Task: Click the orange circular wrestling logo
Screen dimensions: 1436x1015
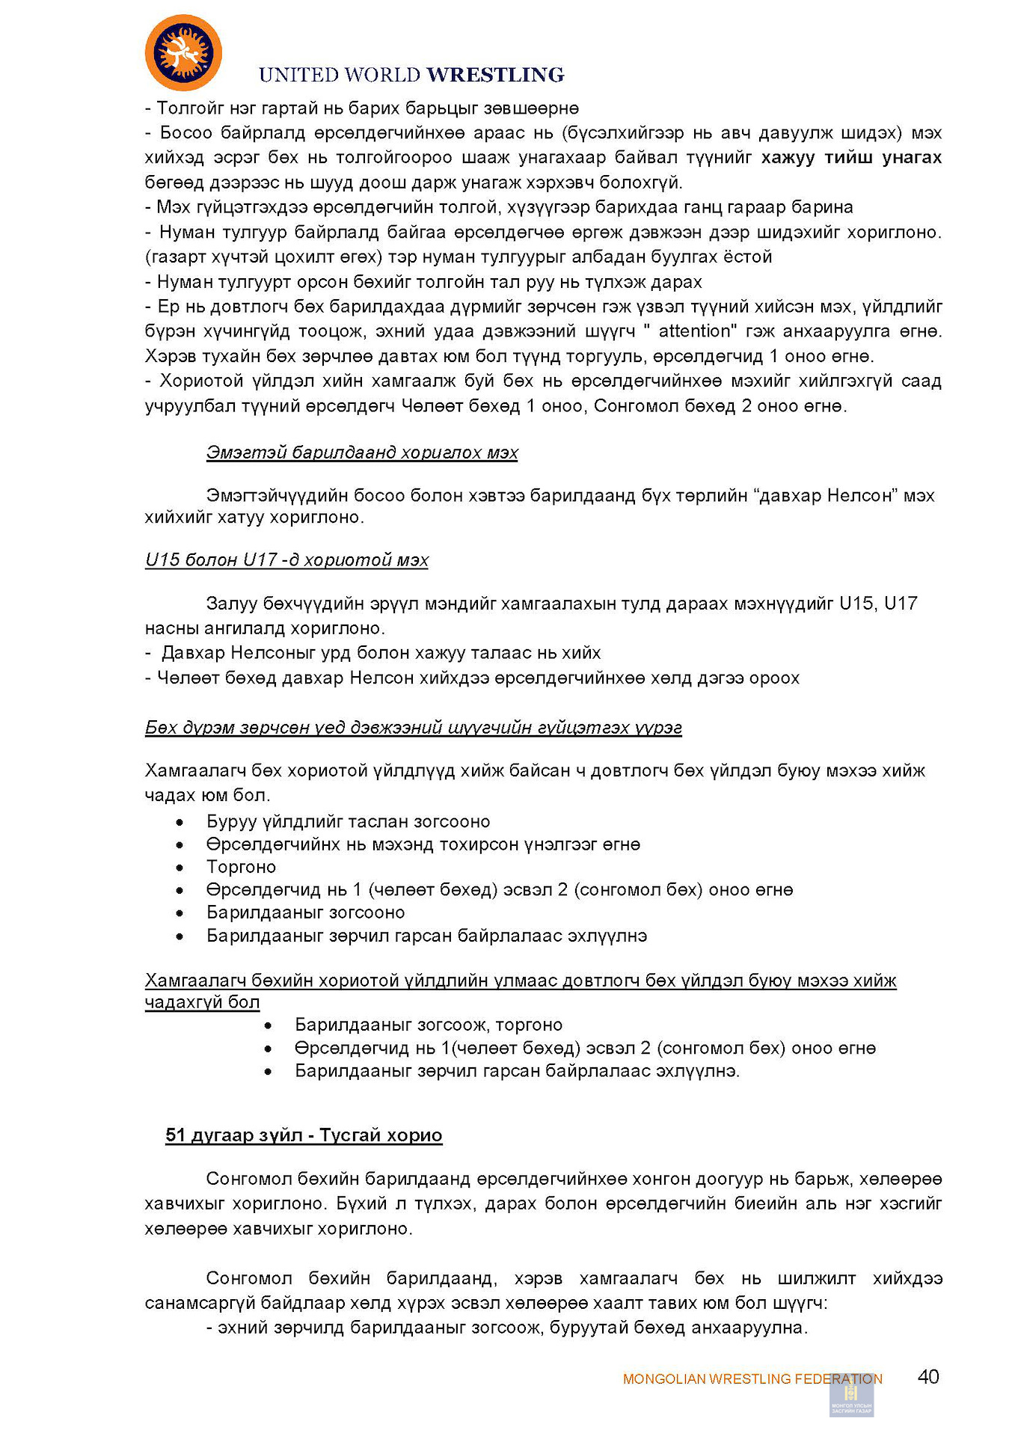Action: click(x=183, y=52)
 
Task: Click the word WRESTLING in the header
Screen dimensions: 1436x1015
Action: click(x=495, y=75)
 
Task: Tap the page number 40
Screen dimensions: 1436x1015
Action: click(x=927, y=1377)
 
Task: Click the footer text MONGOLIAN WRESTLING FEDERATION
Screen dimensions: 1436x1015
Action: click(x=752, y=1379)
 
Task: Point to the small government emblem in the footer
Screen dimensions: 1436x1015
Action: click(x=851, y=1396)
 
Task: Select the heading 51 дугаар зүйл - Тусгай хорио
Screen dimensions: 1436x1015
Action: click(x=304, y=1135)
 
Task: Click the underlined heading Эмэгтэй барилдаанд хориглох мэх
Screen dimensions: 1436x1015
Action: click(x=362, y=452)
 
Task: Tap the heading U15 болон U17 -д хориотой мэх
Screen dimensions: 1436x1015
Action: click(x=286, y=560)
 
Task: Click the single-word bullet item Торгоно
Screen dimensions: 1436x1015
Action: click(x=241, y=867)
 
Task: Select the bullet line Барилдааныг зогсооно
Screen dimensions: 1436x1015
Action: click(x=305, y=912)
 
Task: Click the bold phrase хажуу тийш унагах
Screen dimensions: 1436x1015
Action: click(x=851, y=158)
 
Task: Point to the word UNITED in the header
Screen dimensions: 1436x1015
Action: click(x=298, y=75)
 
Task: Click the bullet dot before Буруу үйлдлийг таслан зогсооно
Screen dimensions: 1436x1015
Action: click(x=180, y=823)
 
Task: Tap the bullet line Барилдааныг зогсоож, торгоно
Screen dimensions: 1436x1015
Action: click(x=429, y=1025)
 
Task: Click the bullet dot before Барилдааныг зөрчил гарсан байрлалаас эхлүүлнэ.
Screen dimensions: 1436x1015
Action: click(x=180, y=936)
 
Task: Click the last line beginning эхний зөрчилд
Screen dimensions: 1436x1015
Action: click(x=506, y=1328)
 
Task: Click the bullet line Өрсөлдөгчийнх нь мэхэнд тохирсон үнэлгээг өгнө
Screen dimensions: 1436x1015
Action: click(x=423, y=844)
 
